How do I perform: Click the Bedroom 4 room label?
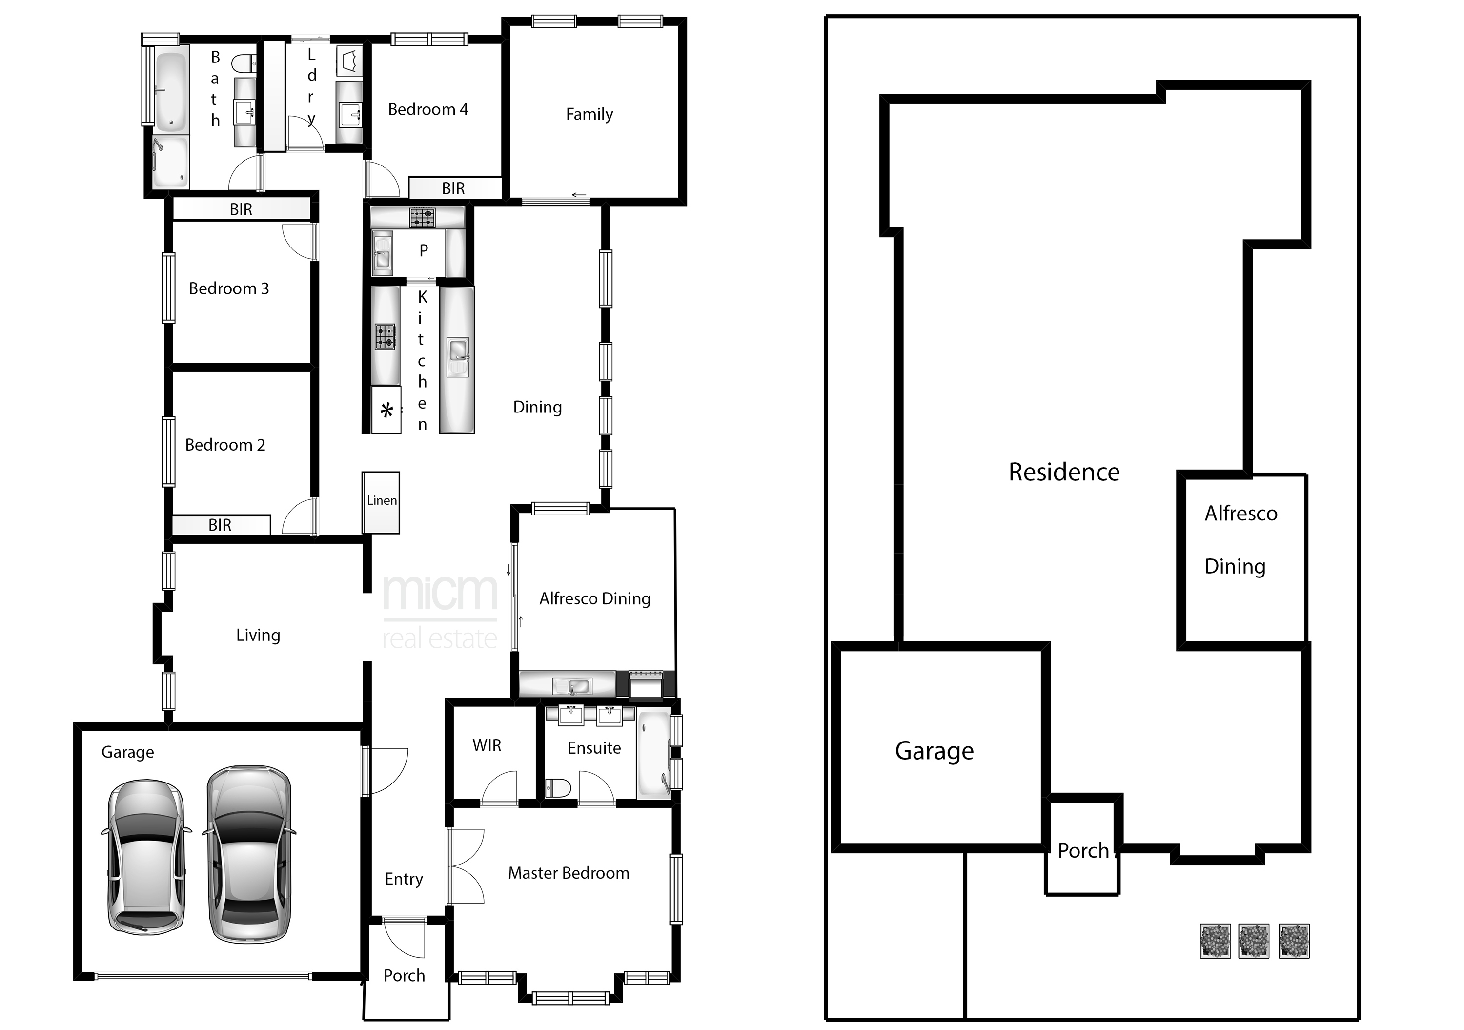tap(428, 110)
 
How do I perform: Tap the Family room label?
tap(589, 114)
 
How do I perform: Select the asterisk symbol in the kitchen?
tap(386, 411)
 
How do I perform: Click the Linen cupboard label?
tap(381, 501)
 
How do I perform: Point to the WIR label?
tap(487, 745)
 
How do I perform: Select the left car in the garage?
tap(146, 856)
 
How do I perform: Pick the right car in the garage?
tap(249, 855)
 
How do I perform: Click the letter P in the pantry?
tap(424, 250)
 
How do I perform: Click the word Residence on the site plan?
tap(1063, 473)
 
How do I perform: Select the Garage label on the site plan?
tap(934, 752)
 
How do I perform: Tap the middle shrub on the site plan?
tap(1254, 941)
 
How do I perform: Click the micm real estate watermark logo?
tap(440, 612)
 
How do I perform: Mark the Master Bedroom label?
tap(568, 873)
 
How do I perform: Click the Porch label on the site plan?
tap(1083, 851)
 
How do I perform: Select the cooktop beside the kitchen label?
tap(385, 337)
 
